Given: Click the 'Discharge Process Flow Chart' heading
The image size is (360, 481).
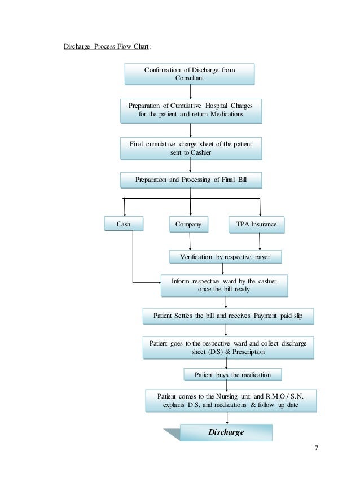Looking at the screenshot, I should [x=106, y=46].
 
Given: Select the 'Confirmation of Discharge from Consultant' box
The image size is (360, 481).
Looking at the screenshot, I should [x=190, y=73].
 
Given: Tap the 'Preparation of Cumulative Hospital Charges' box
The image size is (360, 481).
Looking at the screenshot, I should [x=191, y=110].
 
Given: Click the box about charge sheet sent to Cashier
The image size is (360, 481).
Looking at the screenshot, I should [x=191, y=148].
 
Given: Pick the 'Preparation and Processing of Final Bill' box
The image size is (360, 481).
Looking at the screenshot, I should [x=191, y=180].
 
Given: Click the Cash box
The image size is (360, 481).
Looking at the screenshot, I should [x=124, y=224].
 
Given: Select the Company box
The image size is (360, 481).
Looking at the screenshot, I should [x=188, y=224].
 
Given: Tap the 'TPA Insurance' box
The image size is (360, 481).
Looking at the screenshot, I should [x=256, y=224].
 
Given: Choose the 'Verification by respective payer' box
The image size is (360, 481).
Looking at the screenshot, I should [x=225, y=257].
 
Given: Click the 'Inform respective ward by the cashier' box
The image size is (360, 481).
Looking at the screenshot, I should [x=224, y=285].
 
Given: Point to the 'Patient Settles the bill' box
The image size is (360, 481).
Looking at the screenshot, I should [x=227, y=317].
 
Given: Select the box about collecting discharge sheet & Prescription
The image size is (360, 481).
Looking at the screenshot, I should [x=228, y=347].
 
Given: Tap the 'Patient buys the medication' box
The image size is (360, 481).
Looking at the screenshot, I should [x=232, y=375].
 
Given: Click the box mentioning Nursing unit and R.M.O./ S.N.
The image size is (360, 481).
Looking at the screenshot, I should [x=230, y=400].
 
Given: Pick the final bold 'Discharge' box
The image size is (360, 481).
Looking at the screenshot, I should [x=226, y=432].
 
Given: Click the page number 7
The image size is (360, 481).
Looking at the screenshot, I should [x=316, y=448].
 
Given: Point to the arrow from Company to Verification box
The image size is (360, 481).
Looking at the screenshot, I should [x=190, y=241].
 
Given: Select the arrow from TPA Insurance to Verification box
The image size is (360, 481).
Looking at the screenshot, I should [x=259, y=241].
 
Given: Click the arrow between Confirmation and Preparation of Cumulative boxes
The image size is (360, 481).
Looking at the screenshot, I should [x=191, y=91].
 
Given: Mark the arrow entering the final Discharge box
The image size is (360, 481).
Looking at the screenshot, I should [x=226, y=418].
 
